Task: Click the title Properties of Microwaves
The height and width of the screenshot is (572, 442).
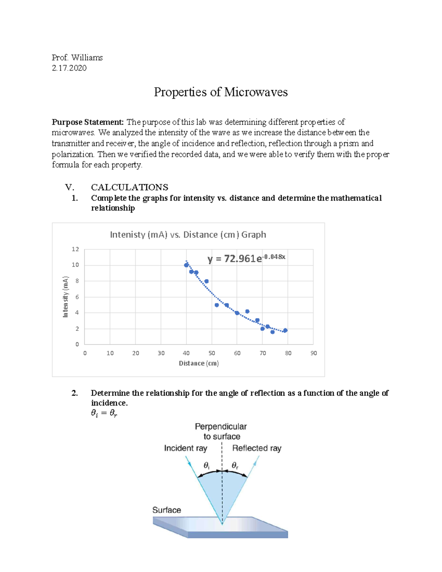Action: tap(221, 92)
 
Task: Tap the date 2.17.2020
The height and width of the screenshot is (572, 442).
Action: tap(69, 68)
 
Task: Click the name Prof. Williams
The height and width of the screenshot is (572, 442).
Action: tap(77, 57)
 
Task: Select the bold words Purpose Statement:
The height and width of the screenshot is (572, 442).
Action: tap(88, 122)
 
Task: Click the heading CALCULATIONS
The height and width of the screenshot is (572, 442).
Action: tap(129, 187)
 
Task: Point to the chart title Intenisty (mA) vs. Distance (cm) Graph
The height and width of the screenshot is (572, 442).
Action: tap(188, 235)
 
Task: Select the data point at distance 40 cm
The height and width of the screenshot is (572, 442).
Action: tap(186, 265)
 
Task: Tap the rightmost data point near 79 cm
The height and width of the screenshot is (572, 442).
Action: tap(285, 330)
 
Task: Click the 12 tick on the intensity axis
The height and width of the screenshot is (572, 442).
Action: tap(75, 249)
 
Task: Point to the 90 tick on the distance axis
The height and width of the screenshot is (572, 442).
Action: tap(313, 353)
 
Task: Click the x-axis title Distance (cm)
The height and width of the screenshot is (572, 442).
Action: tap(199, 364)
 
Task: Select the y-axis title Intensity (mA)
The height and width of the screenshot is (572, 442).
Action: tap(66, 296)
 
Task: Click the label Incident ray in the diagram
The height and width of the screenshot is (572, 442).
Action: tap(186, 448)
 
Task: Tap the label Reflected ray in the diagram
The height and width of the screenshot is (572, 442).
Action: tap(257, 448)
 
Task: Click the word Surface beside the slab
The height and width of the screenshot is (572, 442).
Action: tap(166, 510)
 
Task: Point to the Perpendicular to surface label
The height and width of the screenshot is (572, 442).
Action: tap(221, 431)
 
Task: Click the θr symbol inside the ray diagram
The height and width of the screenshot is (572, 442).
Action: tap(235, 466)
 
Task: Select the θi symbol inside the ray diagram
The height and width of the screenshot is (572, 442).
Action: tap(206, 466)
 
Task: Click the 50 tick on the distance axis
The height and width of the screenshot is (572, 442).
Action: tap(212, 353)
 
